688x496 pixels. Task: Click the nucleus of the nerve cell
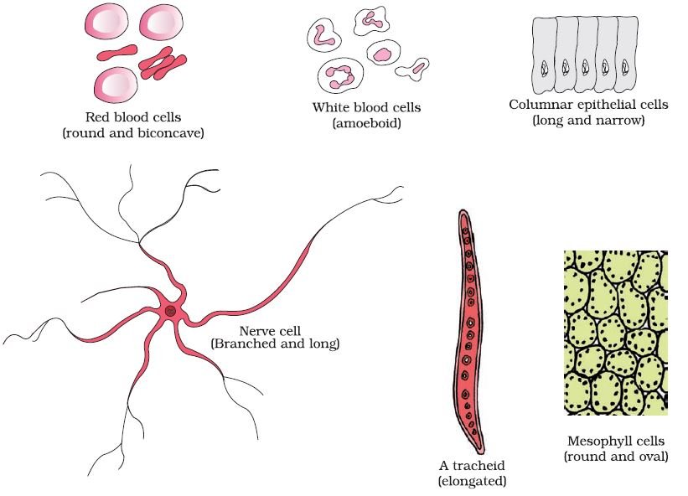tap(171, 312)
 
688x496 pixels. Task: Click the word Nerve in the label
tap(254, 331)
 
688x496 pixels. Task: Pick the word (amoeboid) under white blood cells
tap(367, 123)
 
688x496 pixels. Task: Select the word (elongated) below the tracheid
tap(472, 481)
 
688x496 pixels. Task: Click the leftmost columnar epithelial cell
tap(544, 54)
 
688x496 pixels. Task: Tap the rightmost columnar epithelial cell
tap(626, 54)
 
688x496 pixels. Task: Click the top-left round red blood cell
tap(106, 23)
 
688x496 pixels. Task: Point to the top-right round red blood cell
tap(161, 23)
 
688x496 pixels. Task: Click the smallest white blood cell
tap(412, 69)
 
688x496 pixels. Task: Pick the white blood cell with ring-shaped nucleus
tap(340, 76)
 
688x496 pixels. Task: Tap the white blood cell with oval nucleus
tap(383, 53)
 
